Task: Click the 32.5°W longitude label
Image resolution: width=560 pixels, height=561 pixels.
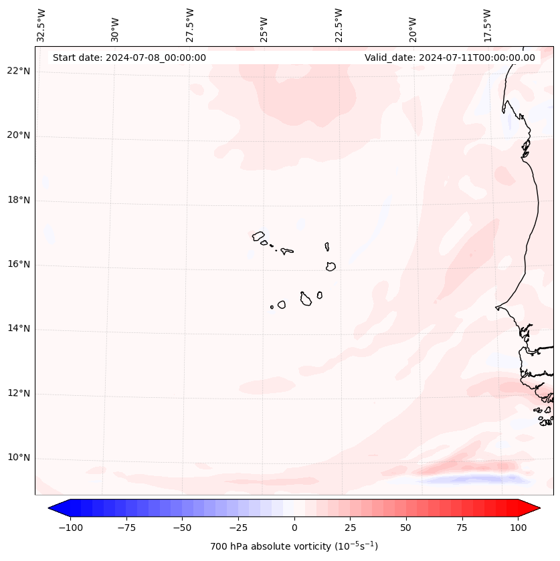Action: (x=41, y=25)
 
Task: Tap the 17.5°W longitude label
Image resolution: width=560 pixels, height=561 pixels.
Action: (x=488, y=25)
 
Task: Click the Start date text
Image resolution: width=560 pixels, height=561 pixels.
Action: (x=129, y=58)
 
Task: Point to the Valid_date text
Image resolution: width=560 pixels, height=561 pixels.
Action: (x=450, y=58)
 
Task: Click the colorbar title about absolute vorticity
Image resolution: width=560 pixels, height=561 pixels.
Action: (x=294, y=546)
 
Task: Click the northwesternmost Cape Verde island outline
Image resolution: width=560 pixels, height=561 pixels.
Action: (x=258, y=236)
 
